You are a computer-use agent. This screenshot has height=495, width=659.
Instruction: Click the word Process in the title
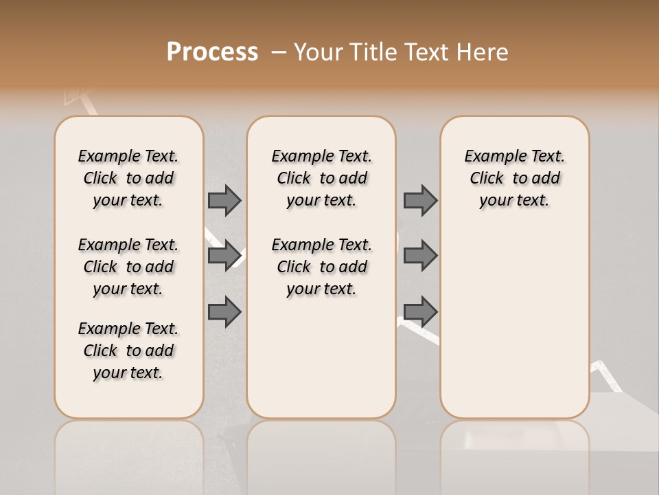click(x=212, y=52)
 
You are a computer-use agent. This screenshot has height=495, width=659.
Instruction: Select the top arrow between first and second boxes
click(x=224, y=200)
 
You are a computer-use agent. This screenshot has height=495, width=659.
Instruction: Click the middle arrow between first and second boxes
click(x=224, y=256)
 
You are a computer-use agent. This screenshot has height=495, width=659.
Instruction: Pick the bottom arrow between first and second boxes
click(x=224, y=311)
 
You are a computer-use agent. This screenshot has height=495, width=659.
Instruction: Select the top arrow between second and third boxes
click(x=420, y=200)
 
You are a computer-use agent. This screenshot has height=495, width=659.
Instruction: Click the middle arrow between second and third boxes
click(x=420, y=256)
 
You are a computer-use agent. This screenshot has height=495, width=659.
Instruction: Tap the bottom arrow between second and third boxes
click(x=420, y=311)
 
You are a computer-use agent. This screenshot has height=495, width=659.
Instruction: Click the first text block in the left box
click(x=128, y=178)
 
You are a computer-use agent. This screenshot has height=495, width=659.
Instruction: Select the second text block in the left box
click(x=128, y=267)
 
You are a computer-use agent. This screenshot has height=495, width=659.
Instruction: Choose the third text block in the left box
click(x=128, y=351)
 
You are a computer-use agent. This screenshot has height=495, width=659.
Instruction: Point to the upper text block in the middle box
click(x=321, y=178)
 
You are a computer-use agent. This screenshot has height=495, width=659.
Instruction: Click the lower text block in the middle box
click(x=321, y=267)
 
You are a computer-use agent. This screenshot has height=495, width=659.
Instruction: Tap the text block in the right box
click(x=514, y=178)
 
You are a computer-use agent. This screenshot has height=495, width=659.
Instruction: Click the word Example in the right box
click(x=492, y=157)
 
